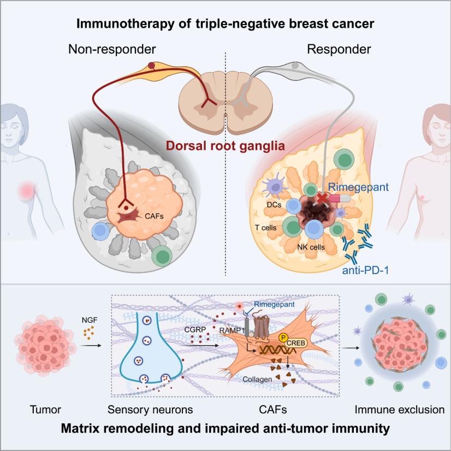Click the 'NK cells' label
point(312,247)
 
